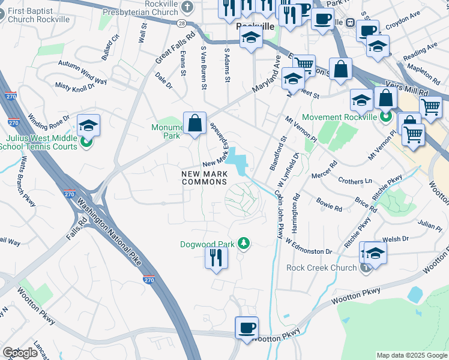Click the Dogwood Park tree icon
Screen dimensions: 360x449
(x=244, y=243)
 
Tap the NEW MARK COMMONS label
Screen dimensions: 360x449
(x=205, y=178)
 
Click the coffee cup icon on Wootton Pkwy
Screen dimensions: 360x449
(x=247, y=328)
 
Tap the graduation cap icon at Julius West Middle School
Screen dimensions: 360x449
(x=88, y=125)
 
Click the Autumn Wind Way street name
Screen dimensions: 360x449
(x=82, y=71)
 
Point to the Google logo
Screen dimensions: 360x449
(x=20, y=353)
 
